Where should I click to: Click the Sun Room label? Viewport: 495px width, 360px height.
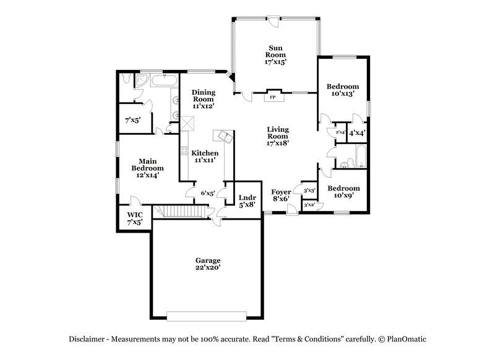(x=276, y=55)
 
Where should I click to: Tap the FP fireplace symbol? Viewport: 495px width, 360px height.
(x=272, y=97)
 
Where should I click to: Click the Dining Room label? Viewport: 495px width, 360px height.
(x=203, y=98)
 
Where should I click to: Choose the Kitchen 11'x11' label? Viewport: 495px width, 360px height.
(x=204, y=156)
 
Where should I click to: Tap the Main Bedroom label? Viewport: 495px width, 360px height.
(x=147, y=168)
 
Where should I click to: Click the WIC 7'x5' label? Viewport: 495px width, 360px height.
(x=135, y=218)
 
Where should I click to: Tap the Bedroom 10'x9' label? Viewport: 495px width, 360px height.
(x=343, y=192)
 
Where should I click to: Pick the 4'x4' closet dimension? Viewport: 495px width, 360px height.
(x=357, y=133)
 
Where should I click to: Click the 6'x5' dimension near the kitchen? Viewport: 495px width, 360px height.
(x=207, y=193)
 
